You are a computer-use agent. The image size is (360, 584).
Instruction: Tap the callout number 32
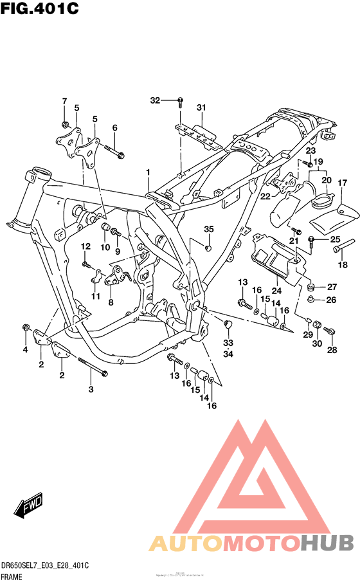pos(155,100)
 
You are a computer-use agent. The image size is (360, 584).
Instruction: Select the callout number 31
pos(201,107)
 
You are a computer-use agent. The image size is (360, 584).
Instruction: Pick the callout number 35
pos(208,230)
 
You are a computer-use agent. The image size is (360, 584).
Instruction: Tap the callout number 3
pos(91,389)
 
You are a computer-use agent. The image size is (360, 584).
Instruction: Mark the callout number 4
pos(26,350)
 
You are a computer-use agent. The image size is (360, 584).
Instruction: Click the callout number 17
pos(341,183)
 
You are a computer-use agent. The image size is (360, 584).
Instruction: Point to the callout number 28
pos(331,350)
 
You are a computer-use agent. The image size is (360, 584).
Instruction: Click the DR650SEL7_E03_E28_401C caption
pos(45,565)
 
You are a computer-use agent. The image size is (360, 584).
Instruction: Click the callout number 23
pos(310,151)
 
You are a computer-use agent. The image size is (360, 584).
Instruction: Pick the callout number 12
pos(85,246)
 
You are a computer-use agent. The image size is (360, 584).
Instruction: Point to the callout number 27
pos(331,287)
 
